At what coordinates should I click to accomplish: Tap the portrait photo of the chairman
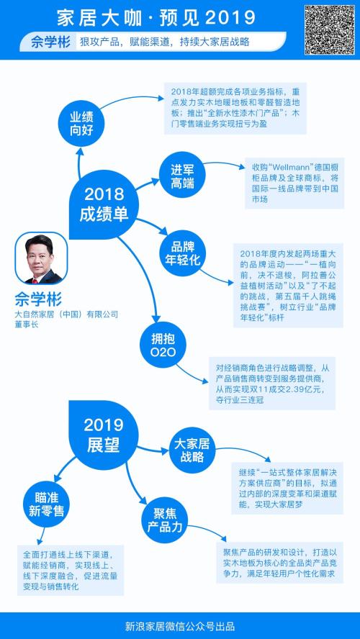tap(41, 258)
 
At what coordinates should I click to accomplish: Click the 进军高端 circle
tap(182, 177)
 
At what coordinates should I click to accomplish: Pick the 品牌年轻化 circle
tap(183, 254)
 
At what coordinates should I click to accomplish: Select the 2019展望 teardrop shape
tap(104, 435)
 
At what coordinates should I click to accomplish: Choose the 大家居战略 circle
tap(192, 450)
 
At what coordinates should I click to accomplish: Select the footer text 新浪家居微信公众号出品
tap(180, 626)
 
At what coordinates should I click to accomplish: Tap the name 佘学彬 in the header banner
tap(50, 42)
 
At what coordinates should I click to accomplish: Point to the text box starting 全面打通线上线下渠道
tap(71, 570)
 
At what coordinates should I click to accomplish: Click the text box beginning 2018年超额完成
tap(235, 109)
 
